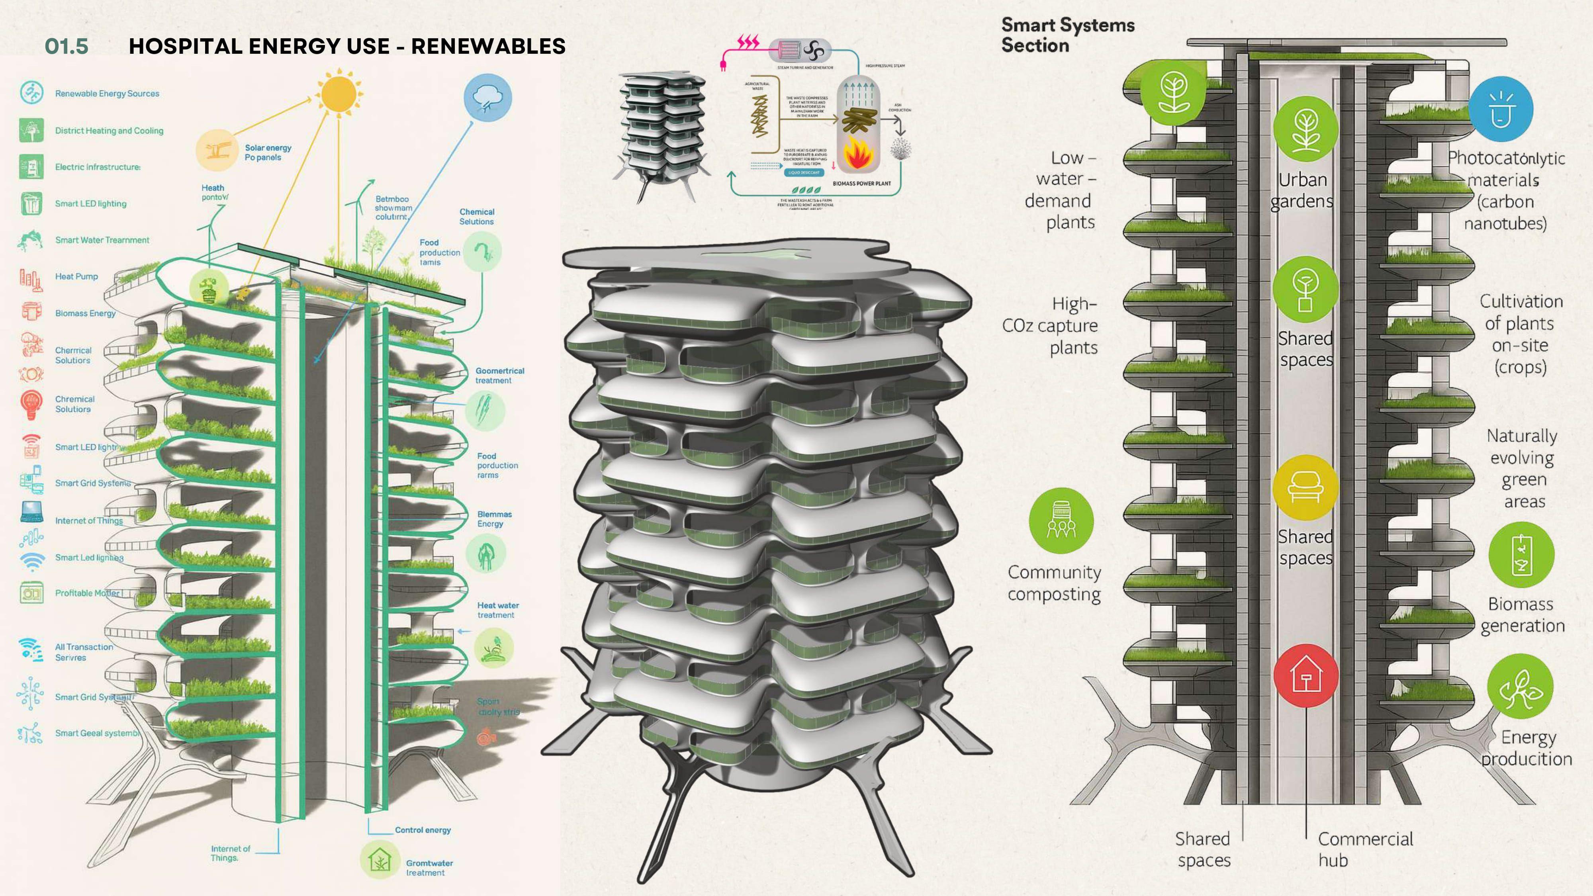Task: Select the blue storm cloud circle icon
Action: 487,98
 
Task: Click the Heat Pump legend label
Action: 77,276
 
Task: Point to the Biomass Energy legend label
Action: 85,313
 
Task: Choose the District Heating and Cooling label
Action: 109,131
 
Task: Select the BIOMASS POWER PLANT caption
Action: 861,184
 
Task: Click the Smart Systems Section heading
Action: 1067,35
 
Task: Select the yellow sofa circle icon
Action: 1305,488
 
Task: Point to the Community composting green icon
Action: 1061,520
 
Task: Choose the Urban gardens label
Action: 1302,190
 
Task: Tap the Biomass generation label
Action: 1522,614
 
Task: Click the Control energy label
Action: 423,830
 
